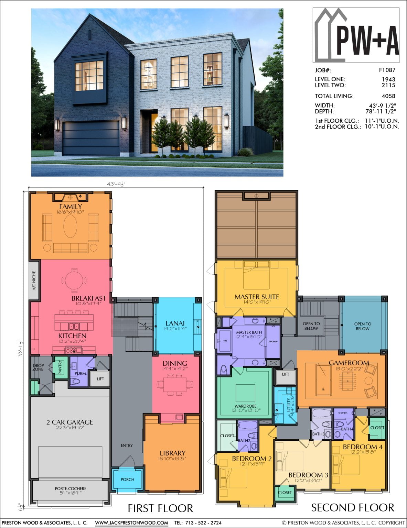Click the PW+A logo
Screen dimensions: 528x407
click(x=356, y=35)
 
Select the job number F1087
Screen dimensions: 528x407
click(x=387, y=70)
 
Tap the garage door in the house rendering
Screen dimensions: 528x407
click(x=91, y=138)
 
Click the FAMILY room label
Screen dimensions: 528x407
click(x=71, y=207)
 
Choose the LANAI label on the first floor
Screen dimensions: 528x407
click(x=175, y=323)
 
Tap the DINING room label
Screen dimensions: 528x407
click(x=175, y=363)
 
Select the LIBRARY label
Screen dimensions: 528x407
click(x=172, y=453)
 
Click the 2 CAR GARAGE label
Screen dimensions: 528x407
click(x=70, y=422)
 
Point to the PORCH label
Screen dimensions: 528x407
click(x=127, y=480)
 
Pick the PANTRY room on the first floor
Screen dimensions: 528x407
click(x=61, y=367)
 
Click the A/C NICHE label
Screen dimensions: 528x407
click(x=34, y=281)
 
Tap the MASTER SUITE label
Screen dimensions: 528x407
click(x=257, y=297)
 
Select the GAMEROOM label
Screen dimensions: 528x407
click(x=349, y=363)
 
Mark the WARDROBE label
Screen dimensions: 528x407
click(x=245, y=406)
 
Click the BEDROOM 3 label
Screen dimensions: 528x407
click(x=308, y=475)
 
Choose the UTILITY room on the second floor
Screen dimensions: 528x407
click(x=288, y=404)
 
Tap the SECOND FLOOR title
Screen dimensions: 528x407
click(x=353, y=507)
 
